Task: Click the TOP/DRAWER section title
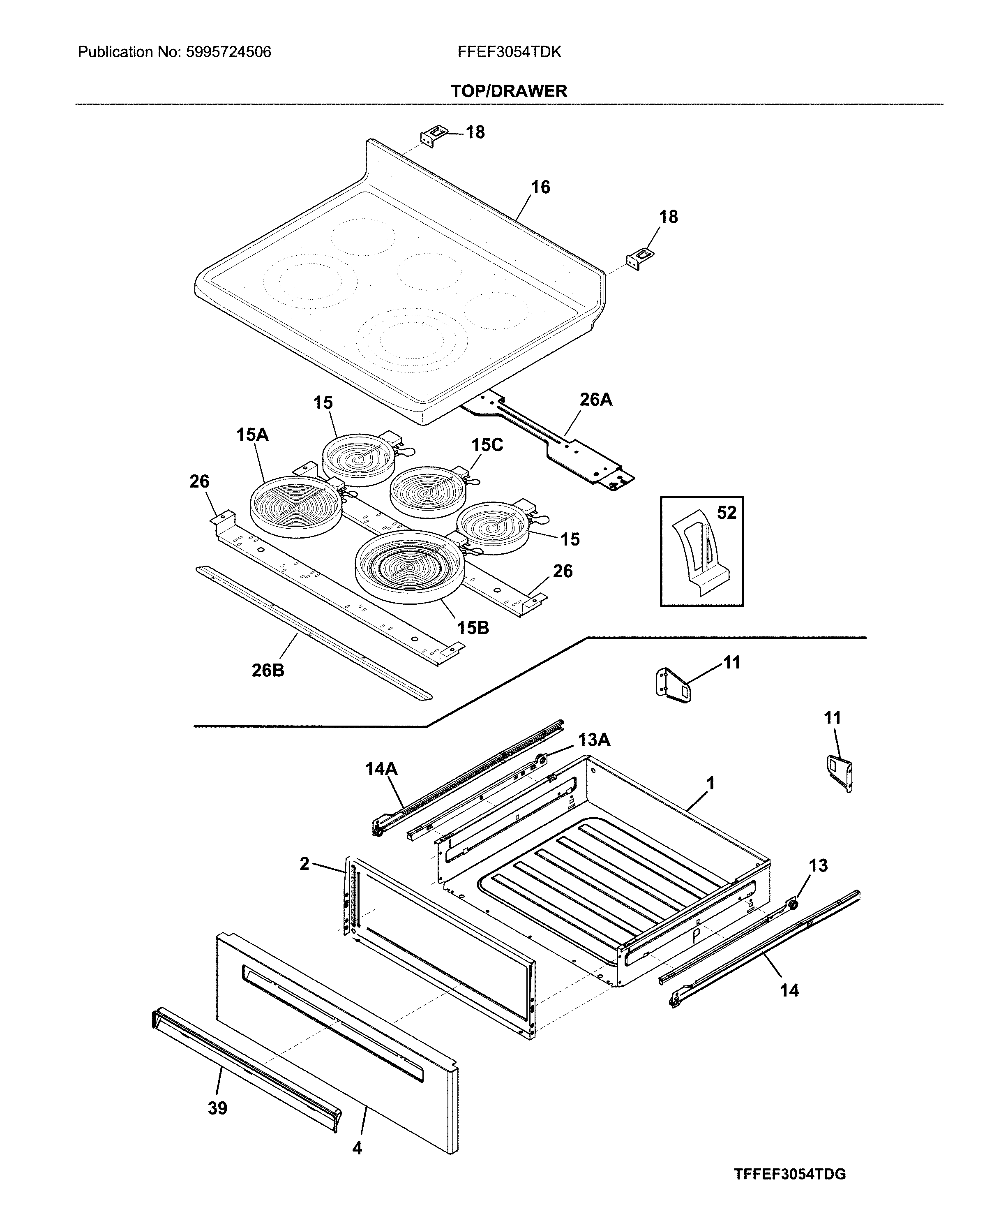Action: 509,91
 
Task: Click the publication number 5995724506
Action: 228,52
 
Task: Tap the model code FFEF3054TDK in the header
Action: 509,52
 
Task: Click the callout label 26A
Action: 596,400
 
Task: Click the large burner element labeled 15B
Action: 410,566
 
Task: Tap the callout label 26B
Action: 268,670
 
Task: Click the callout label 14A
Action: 381,768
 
